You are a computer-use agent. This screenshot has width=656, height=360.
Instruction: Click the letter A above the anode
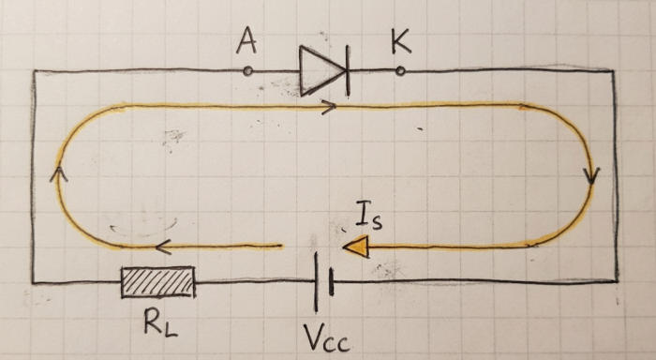tap(246, 43)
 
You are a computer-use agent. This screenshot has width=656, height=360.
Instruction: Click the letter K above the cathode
tap(401, 41)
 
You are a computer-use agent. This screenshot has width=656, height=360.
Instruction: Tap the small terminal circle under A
tap(247, 71)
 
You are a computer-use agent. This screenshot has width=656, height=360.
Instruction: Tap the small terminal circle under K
tap(400, 71)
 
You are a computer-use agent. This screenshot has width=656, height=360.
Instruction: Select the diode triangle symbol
tap(321, 70)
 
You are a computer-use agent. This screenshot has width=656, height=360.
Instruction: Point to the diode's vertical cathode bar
tap(348, 71)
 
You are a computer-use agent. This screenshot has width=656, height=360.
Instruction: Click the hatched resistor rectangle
tap(158, 282)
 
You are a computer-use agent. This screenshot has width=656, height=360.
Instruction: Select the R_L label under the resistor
tap(161, 323)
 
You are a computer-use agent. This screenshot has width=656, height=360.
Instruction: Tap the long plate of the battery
tap(317, 282)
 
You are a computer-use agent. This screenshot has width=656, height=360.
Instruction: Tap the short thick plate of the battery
tap(332, 282)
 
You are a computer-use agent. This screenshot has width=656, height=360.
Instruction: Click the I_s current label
tap(369, 216)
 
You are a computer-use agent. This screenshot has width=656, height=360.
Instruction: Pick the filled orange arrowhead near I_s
tap(357, 247)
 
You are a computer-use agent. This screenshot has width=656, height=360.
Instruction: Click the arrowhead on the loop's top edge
tap(329, 107)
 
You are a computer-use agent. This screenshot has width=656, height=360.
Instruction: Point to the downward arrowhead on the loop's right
tap(591, 176)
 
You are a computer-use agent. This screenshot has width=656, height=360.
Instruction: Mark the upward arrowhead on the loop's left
tap(58, 174)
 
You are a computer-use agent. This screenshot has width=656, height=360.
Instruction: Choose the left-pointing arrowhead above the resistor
tap(163, 247)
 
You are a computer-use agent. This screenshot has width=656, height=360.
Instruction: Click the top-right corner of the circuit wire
tap(613, 71)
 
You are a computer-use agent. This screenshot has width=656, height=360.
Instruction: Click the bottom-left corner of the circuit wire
tap(34, 283)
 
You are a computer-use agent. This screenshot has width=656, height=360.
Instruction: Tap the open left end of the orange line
tap(281, 247)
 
